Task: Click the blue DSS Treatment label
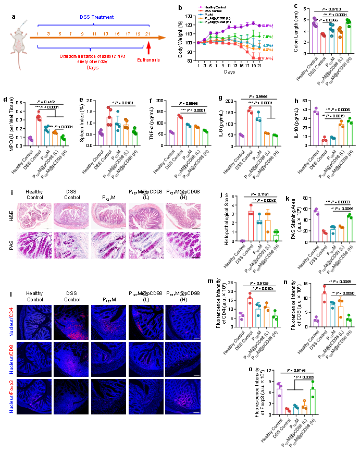coord(96,17)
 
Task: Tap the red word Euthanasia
coord(148,60)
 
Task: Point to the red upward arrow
coord(148,47)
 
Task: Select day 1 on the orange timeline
coord(38,34)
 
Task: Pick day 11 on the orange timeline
coord(94,34)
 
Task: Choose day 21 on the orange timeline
coord(148,34)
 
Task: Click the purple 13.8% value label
coord(266,26)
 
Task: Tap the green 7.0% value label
coord(266,37)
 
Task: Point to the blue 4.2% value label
coord(266,46)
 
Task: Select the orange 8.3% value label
coord(266,50)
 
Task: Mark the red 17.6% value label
coord(266,58)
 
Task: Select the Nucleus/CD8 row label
coord(11,359)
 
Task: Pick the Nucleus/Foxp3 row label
coord(11,396)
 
